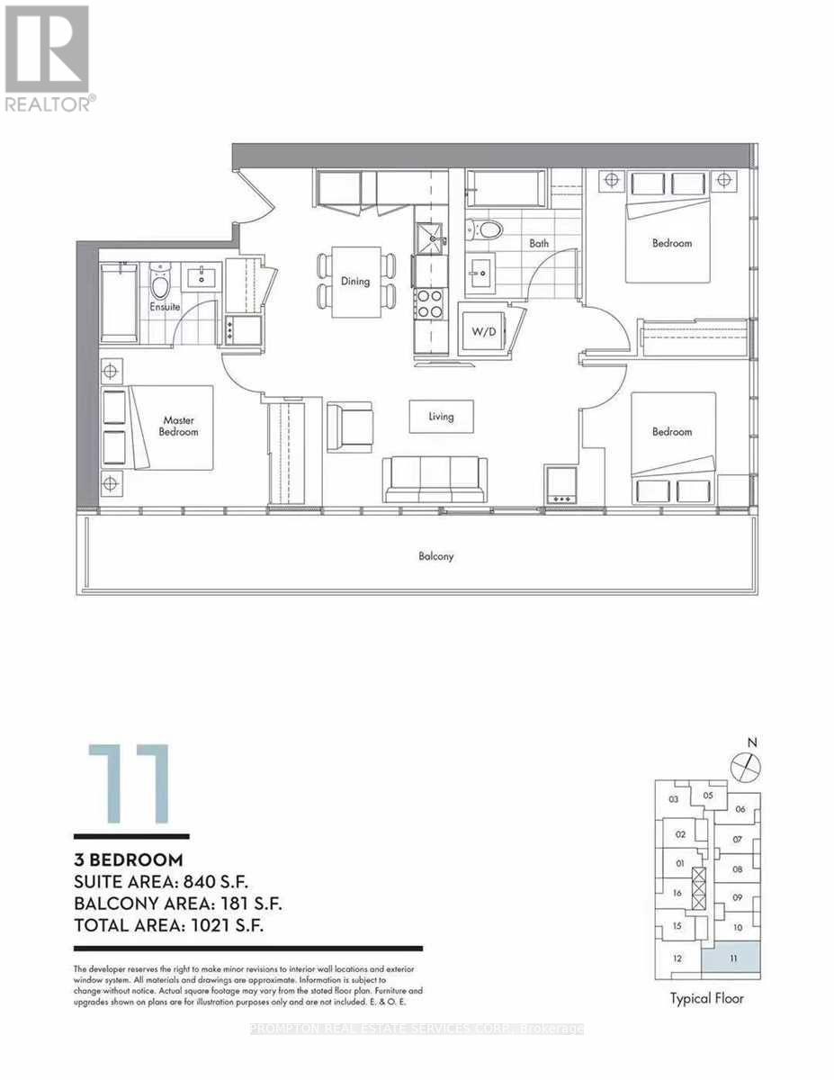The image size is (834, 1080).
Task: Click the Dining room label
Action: [x=355, y=281]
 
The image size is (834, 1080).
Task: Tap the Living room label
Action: [x=441, y=417]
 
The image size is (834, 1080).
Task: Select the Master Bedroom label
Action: [x=180, y=426]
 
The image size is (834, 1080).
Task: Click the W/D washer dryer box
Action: [x=483, y=330]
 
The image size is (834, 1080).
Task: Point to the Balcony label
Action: [x=436, y=556]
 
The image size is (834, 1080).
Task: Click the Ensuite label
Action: [x=166, y=307]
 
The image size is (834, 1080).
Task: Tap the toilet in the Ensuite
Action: [x=160, y=283]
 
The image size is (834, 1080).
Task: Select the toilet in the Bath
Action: [x=489, y=228]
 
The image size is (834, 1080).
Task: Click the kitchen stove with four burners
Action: [x=428, y=303]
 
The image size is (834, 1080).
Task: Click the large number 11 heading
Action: [x=128, y=784]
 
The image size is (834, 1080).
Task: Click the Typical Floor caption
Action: [x=707, y=999]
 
